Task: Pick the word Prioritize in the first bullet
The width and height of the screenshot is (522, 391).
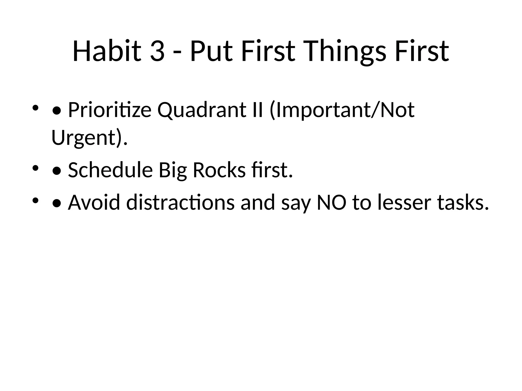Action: (110, 110)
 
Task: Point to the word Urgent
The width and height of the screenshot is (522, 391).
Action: (84, 138)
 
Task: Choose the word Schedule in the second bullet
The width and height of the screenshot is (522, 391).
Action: (110, 170)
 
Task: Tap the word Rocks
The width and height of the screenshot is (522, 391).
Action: (219, 170)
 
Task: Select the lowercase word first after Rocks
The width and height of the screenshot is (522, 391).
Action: (271, 170)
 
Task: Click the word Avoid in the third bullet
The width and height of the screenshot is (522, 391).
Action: (94, 202)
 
